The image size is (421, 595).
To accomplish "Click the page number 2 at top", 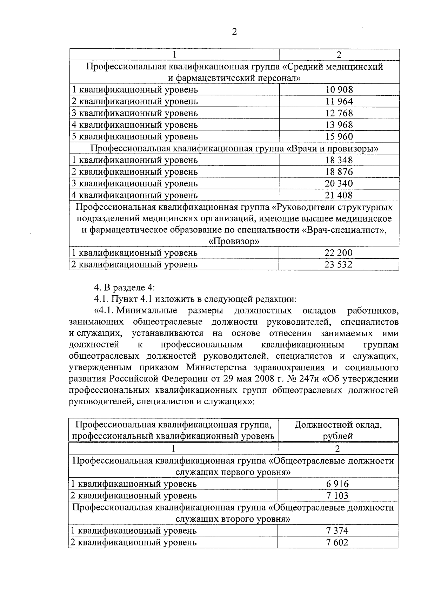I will point(234,32).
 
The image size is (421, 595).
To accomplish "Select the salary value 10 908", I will point(339,90).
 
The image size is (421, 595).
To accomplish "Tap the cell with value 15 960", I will point(339,136).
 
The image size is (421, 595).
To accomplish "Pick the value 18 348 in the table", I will point(339,160).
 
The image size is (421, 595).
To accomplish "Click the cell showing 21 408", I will point(339,195).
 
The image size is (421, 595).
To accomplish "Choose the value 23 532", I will point(339,264).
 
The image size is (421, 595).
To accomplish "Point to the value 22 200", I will point(339,253).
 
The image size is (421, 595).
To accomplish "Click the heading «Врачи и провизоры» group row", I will point(234,148).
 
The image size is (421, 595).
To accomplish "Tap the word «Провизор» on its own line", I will point(234,242).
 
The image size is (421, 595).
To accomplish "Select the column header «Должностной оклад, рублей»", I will point(338,430).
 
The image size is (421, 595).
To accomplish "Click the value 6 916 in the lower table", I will point(338,484).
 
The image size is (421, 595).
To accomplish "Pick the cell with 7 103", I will point(338,496).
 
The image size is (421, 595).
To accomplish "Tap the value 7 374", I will point(338,531).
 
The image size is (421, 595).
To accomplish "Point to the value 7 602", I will point(338,543).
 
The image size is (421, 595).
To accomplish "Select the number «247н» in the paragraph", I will point(307,379).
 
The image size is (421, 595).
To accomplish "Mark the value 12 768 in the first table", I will point(339,113).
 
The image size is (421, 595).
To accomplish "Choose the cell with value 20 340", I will point(339,183).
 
